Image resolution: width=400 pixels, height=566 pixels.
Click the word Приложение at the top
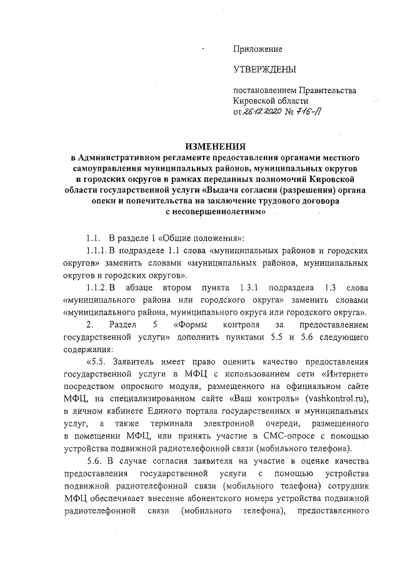coord(257,49)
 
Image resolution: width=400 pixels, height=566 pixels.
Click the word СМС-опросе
coord(269,437)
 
